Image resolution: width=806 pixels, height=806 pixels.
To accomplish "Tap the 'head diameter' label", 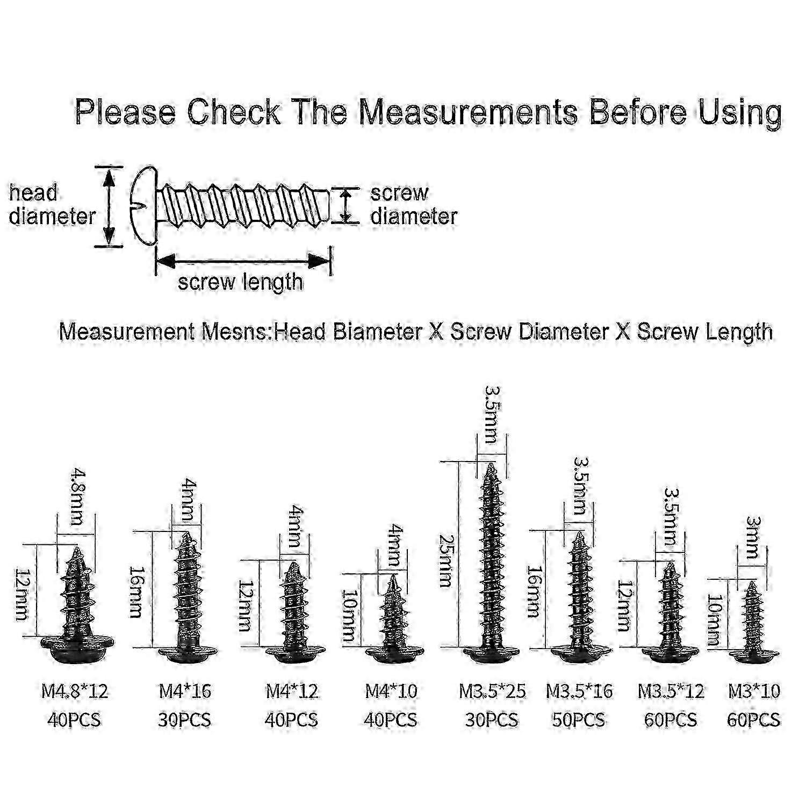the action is click(52, 205).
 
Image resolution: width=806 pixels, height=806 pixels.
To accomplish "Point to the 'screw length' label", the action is click(240, 282).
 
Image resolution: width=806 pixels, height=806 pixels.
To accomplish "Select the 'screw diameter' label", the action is click(413, 205).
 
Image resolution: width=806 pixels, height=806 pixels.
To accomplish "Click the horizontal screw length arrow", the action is click(242, 262).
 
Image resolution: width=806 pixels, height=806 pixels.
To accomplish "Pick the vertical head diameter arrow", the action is click(109, 206).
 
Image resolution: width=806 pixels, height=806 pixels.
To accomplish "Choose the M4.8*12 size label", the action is click(75, 691).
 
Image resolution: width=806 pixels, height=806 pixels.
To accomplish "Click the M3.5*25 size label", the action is click(492, 691).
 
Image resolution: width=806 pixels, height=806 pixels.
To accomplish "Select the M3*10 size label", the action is click(753, 691).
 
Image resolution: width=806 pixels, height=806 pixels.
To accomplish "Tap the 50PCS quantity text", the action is click(579, 719).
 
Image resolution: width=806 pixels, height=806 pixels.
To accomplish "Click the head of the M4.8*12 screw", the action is click(76, 648).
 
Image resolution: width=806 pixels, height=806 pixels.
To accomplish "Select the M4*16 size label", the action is click(185, 691).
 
